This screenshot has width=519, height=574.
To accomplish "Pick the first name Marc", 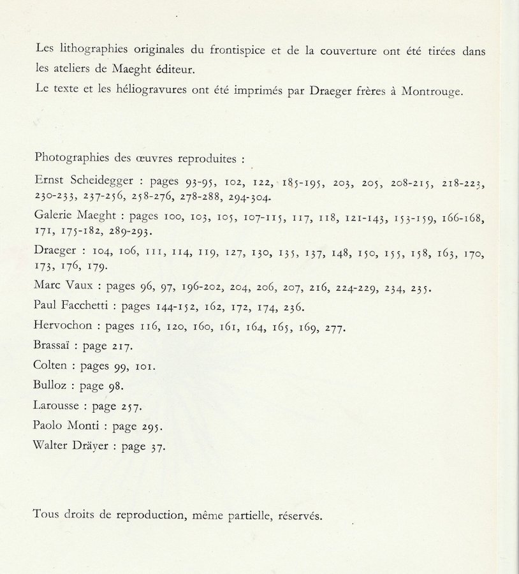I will tap(49, 287).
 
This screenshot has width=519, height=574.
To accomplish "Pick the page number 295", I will tap(152, 426).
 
